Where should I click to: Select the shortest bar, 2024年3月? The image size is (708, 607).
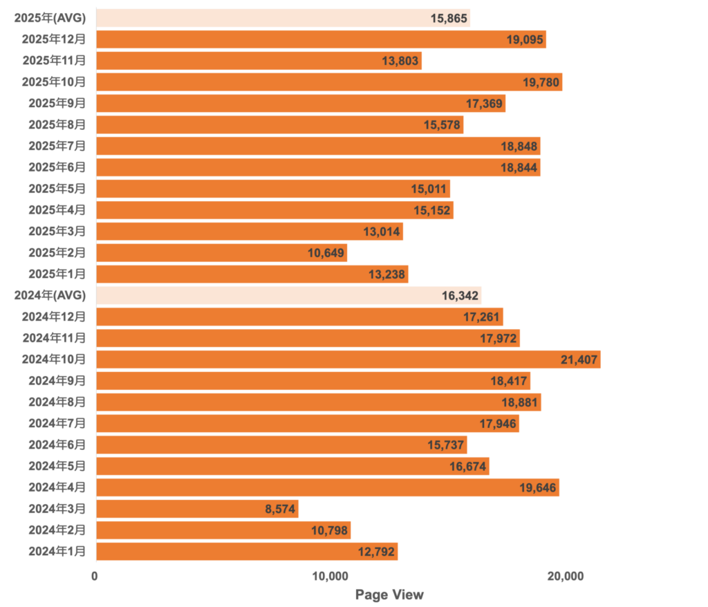click(197, 510)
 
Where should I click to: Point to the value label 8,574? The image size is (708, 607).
click(280, 510)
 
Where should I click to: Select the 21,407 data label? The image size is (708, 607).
click(579, 359)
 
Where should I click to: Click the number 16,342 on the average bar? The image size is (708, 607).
click(459, 296)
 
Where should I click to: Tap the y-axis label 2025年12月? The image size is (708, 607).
click(54, 39)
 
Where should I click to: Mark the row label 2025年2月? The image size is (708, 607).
click(57, 253)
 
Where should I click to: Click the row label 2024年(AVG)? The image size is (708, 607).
click(50, 296)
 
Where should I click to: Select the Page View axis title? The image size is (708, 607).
click(389, 595)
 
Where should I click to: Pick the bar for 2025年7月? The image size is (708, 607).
click(318, 147)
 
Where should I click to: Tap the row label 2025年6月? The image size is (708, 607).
click(57, 168)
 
